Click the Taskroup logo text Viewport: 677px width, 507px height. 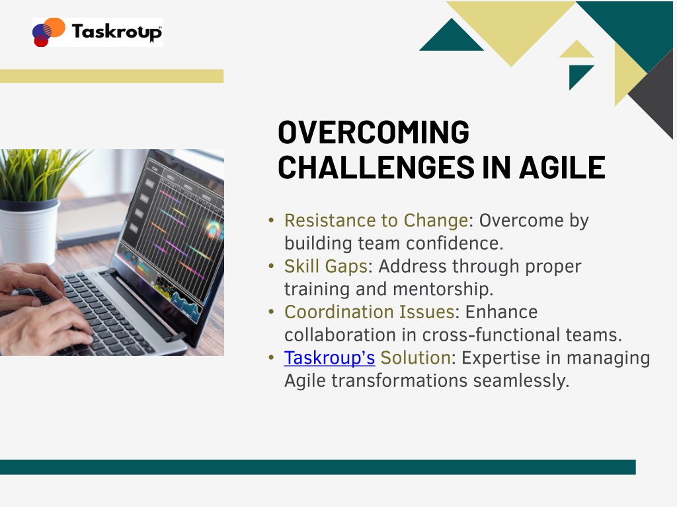[x=116, y=32]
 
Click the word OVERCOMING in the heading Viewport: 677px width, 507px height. [x=374, y=132]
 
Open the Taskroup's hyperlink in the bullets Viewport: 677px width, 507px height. [x=329, y=358]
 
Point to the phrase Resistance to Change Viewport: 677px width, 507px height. [x=376, y=220]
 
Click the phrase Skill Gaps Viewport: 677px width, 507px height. [x=325, y=267]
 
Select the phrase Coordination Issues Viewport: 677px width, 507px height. [x=369, y=312]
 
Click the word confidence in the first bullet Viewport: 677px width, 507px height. [x=455, y=243]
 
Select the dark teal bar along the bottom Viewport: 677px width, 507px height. [x=318, y=467]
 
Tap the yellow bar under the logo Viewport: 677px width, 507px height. [x=112, y=76]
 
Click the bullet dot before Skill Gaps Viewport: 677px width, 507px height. [x=271, y=266]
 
